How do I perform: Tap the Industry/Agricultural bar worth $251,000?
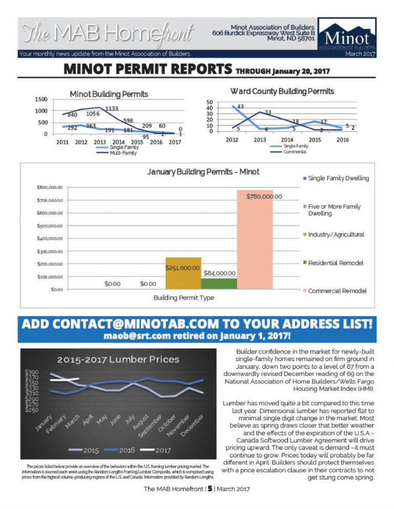[x=183, y=273]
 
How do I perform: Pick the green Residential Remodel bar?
[x=219, y=284]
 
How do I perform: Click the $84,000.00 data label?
[x=220, y=273]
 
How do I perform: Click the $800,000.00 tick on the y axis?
[x=50, y=187]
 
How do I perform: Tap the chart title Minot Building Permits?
[x=109, y=94]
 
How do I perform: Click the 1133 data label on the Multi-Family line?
[x=112, y=109]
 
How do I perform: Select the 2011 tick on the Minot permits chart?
[x=62, y=142]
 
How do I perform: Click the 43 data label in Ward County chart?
[x=240, y=106]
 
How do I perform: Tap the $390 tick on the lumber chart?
[x=31, y=372]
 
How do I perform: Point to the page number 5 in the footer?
[x=210, y=489]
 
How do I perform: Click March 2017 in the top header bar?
[x=360, y=53]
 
